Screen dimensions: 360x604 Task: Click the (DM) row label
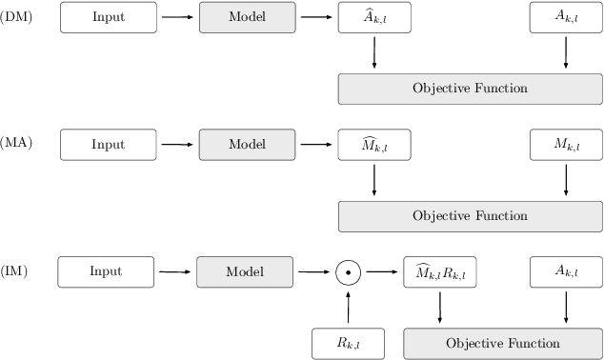click(x=16, y=17)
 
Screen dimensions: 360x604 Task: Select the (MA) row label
click(x=16, y=144)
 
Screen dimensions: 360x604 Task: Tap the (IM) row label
click(x=15, y=271)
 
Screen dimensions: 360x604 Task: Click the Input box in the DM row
click(x=108, y=17)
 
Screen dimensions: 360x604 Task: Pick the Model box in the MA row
click(x=247, y=145)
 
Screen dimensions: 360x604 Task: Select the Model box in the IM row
click(x=244, y=271)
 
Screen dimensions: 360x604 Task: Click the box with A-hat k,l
click(x=374, y=17)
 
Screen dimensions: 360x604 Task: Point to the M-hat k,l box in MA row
click(x=374, y=145)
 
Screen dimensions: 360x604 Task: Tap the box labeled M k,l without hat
click(x=566, y=145)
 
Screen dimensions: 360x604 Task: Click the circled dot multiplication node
click(x=349, y=272)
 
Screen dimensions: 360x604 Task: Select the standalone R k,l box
click(x=349, y=343)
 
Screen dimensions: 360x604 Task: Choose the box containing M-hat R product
click(x=440, y=272)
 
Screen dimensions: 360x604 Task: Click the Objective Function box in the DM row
click(x=470, y=89)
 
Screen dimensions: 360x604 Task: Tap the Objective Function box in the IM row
click(x=503, y=343)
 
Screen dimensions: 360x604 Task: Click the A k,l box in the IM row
click(x=566, y=272)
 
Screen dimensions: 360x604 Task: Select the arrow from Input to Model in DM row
click(x=177, y=17)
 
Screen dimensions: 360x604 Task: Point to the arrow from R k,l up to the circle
click(x=349, y=308)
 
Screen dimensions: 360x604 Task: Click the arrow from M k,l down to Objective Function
click(x=566, y=180)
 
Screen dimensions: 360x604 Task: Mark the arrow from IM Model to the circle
click(x=313, y=272)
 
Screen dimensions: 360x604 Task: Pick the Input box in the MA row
click(x=108, y=145)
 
